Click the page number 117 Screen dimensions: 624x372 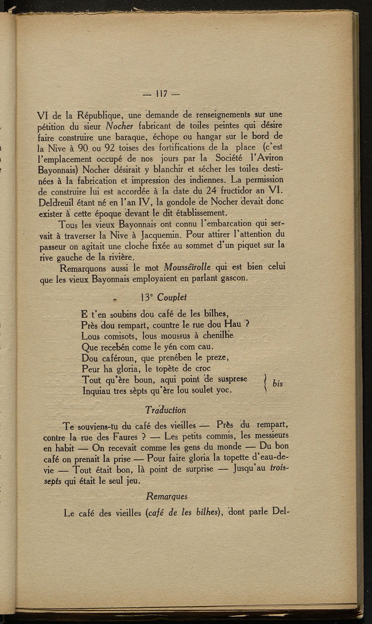(x=160, y=94)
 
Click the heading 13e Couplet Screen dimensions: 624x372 (x=163, y=297)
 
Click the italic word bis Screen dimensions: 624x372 (x=277, y=384)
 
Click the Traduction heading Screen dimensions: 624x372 (x=165, y=410)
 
